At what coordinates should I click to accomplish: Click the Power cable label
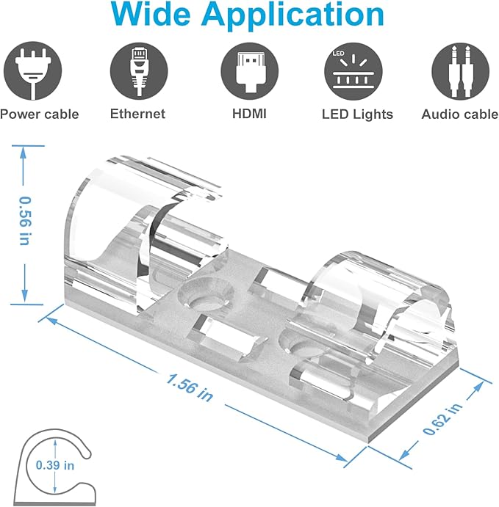click(39, 114)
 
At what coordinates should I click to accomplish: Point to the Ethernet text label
click(137, 114)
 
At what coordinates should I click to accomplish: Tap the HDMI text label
click(249, 114)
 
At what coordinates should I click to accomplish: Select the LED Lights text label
click(357, 114)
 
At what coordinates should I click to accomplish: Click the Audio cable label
click(459, 114)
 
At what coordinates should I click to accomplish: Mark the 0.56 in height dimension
click(25, 221)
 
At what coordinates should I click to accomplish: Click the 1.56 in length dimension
click(190, 387)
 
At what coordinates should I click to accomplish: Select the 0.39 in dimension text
click(55, 464)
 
